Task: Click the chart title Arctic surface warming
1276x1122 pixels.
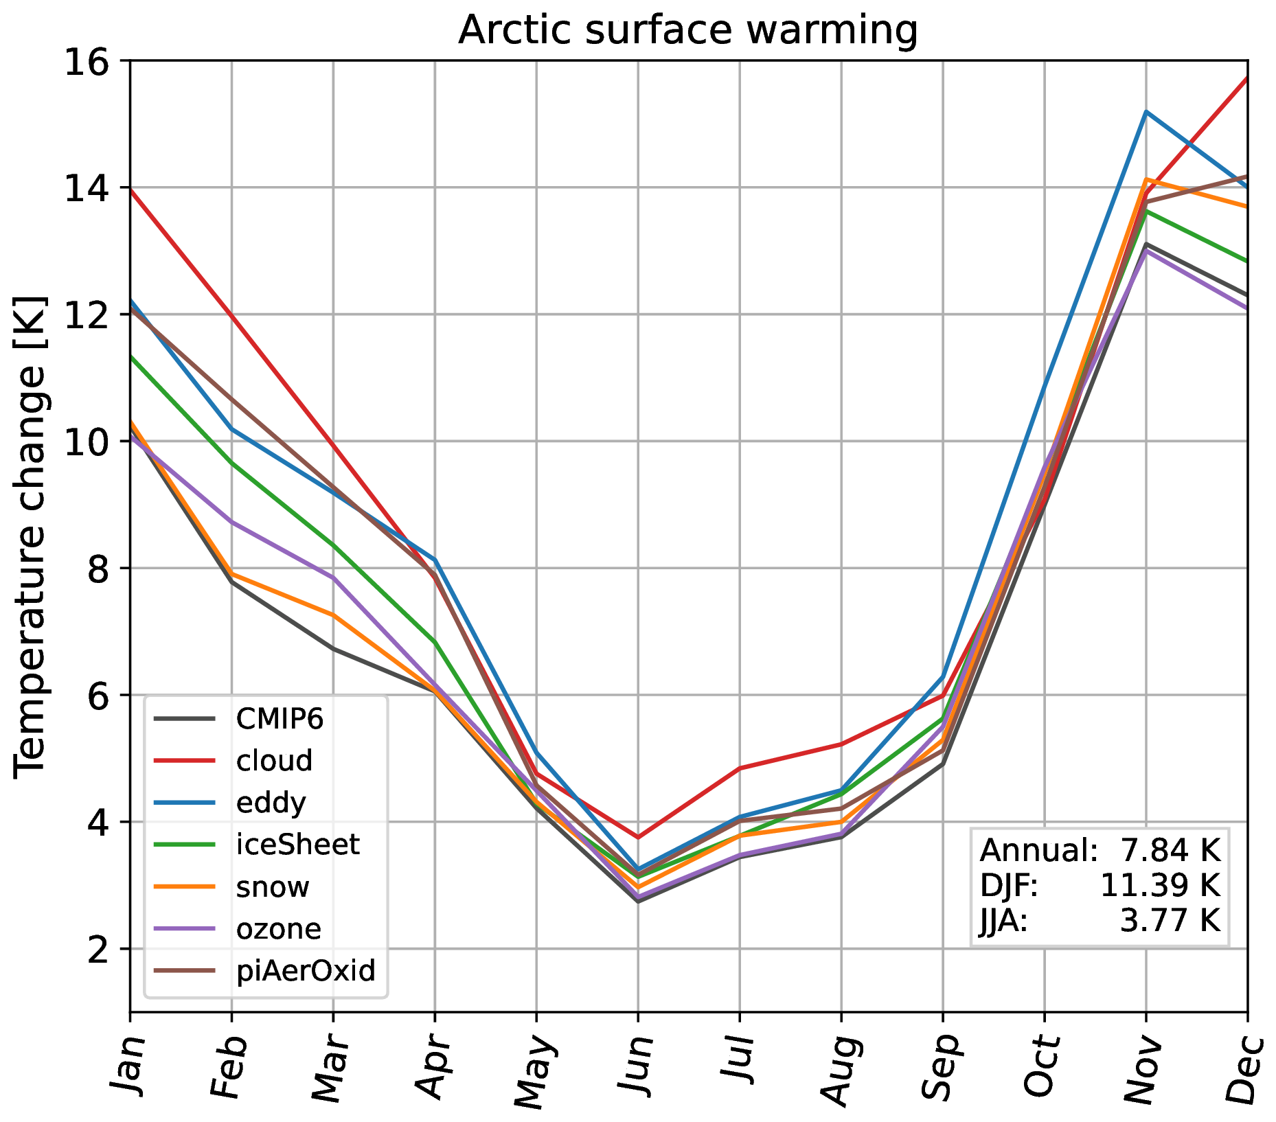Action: (x=687, y=30)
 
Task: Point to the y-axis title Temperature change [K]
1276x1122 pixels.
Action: (x=30, y=536)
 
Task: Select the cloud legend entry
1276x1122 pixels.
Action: (x=274, y=761)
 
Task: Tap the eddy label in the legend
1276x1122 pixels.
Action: (x=271, y=803)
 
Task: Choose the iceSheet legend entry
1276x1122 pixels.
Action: (x=297, y=845)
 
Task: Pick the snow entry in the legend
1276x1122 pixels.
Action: (x=273, y=887)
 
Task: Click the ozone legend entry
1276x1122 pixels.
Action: (x=278, y=929)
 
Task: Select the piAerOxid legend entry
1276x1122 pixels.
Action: (x=306, y=971)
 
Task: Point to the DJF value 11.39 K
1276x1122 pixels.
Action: (x=1160, y=886)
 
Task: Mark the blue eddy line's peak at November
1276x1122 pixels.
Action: (x=1146, y=111)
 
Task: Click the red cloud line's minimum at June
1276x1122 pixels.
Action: (x=638, y=837)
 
